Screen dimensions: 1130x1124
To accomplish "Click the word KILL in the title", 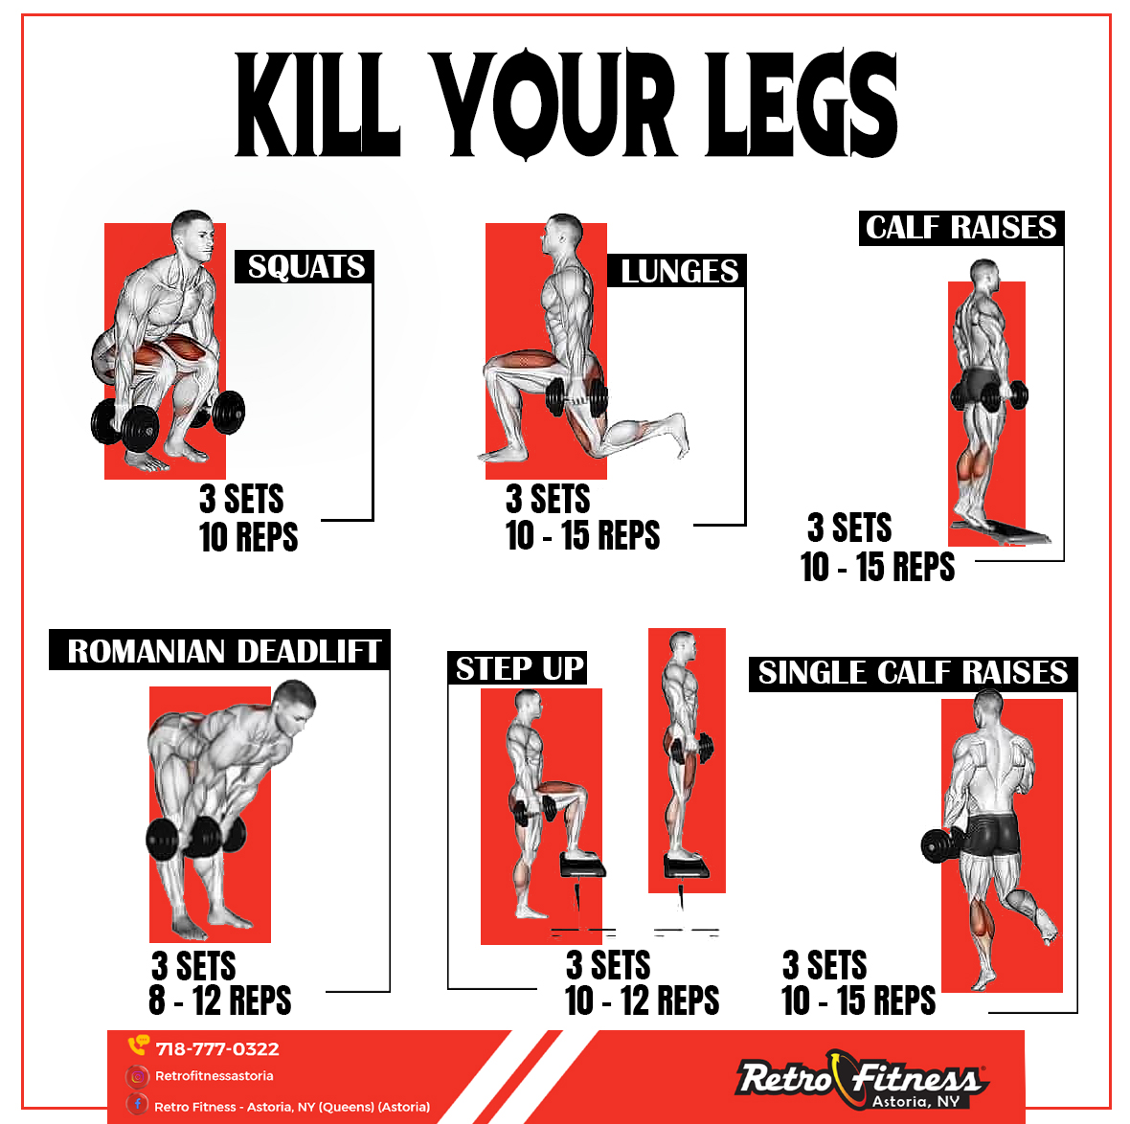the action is point(318,103).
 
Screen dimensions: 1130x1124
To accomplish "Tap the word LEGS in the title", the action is point(801,103).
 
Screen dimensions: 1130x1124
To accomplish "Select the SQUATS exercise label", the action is point(305,266).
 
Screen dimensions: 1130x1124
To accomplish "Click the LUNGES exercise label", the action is point(678,271).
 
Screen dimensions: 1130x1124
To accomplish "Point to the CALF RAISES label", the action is point(961,228).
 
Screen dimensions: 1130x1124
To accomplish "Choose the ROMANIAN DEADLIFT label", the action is point(223,651).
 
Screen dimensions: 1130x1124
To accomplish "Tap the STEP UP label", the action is point(518,668).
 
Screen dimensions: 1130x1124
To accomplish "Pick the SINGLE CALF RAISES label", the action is point(913,674).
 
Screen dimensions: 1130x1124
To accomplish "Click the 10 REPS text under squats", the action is point(249,537).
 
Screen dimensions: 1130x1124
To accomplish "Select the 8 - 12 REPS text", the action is point(220,1000).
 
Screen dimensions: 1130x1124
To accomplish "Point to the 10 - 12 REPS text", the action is point(643,1000).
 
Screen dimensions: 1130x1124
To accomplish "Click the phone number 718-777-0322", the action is point(217,1048).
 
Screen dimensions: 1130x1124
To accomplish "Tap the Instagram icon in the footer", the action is point(137,1076).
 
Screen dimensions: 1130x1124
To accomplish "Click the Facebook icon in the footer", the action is point(137,1105).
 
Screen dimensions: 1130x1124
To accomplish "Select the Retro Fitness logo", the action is point(862,1079).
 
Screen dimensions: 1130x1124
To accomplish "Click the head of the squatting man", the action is point(193,234).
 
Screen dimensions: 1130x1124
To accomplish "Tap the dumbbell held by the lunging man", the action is point(576,397).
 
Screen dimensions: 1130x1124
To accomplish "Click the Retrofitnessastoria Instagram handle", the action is point(215,1076).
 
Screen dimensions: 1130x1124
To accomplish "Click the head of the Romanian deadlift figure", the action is point(295,704).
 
